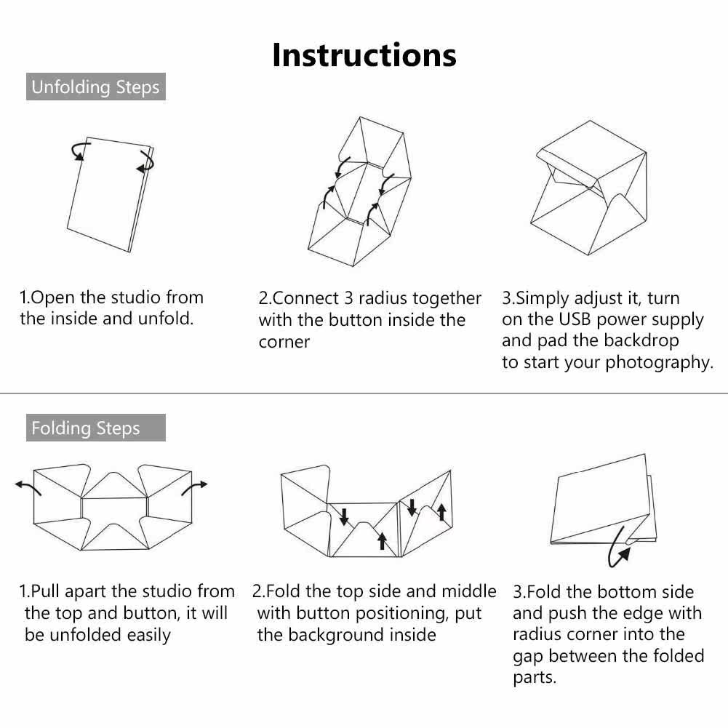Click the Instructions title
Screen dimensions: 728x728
pos(364,55)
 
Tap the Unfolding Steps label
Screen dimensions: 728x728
pos(96,87)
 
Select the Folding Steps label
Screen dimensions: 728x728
pos(96,428)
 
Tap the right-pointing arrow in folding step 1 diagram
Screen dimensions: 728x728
pos(194,487)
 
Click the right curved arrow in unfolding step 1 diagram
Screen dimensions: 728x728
pos(148,162)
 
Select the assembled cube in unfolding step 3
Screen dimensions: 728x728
pos(588,188)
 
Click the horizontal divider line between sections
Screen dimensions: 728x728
pos(364,393)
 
